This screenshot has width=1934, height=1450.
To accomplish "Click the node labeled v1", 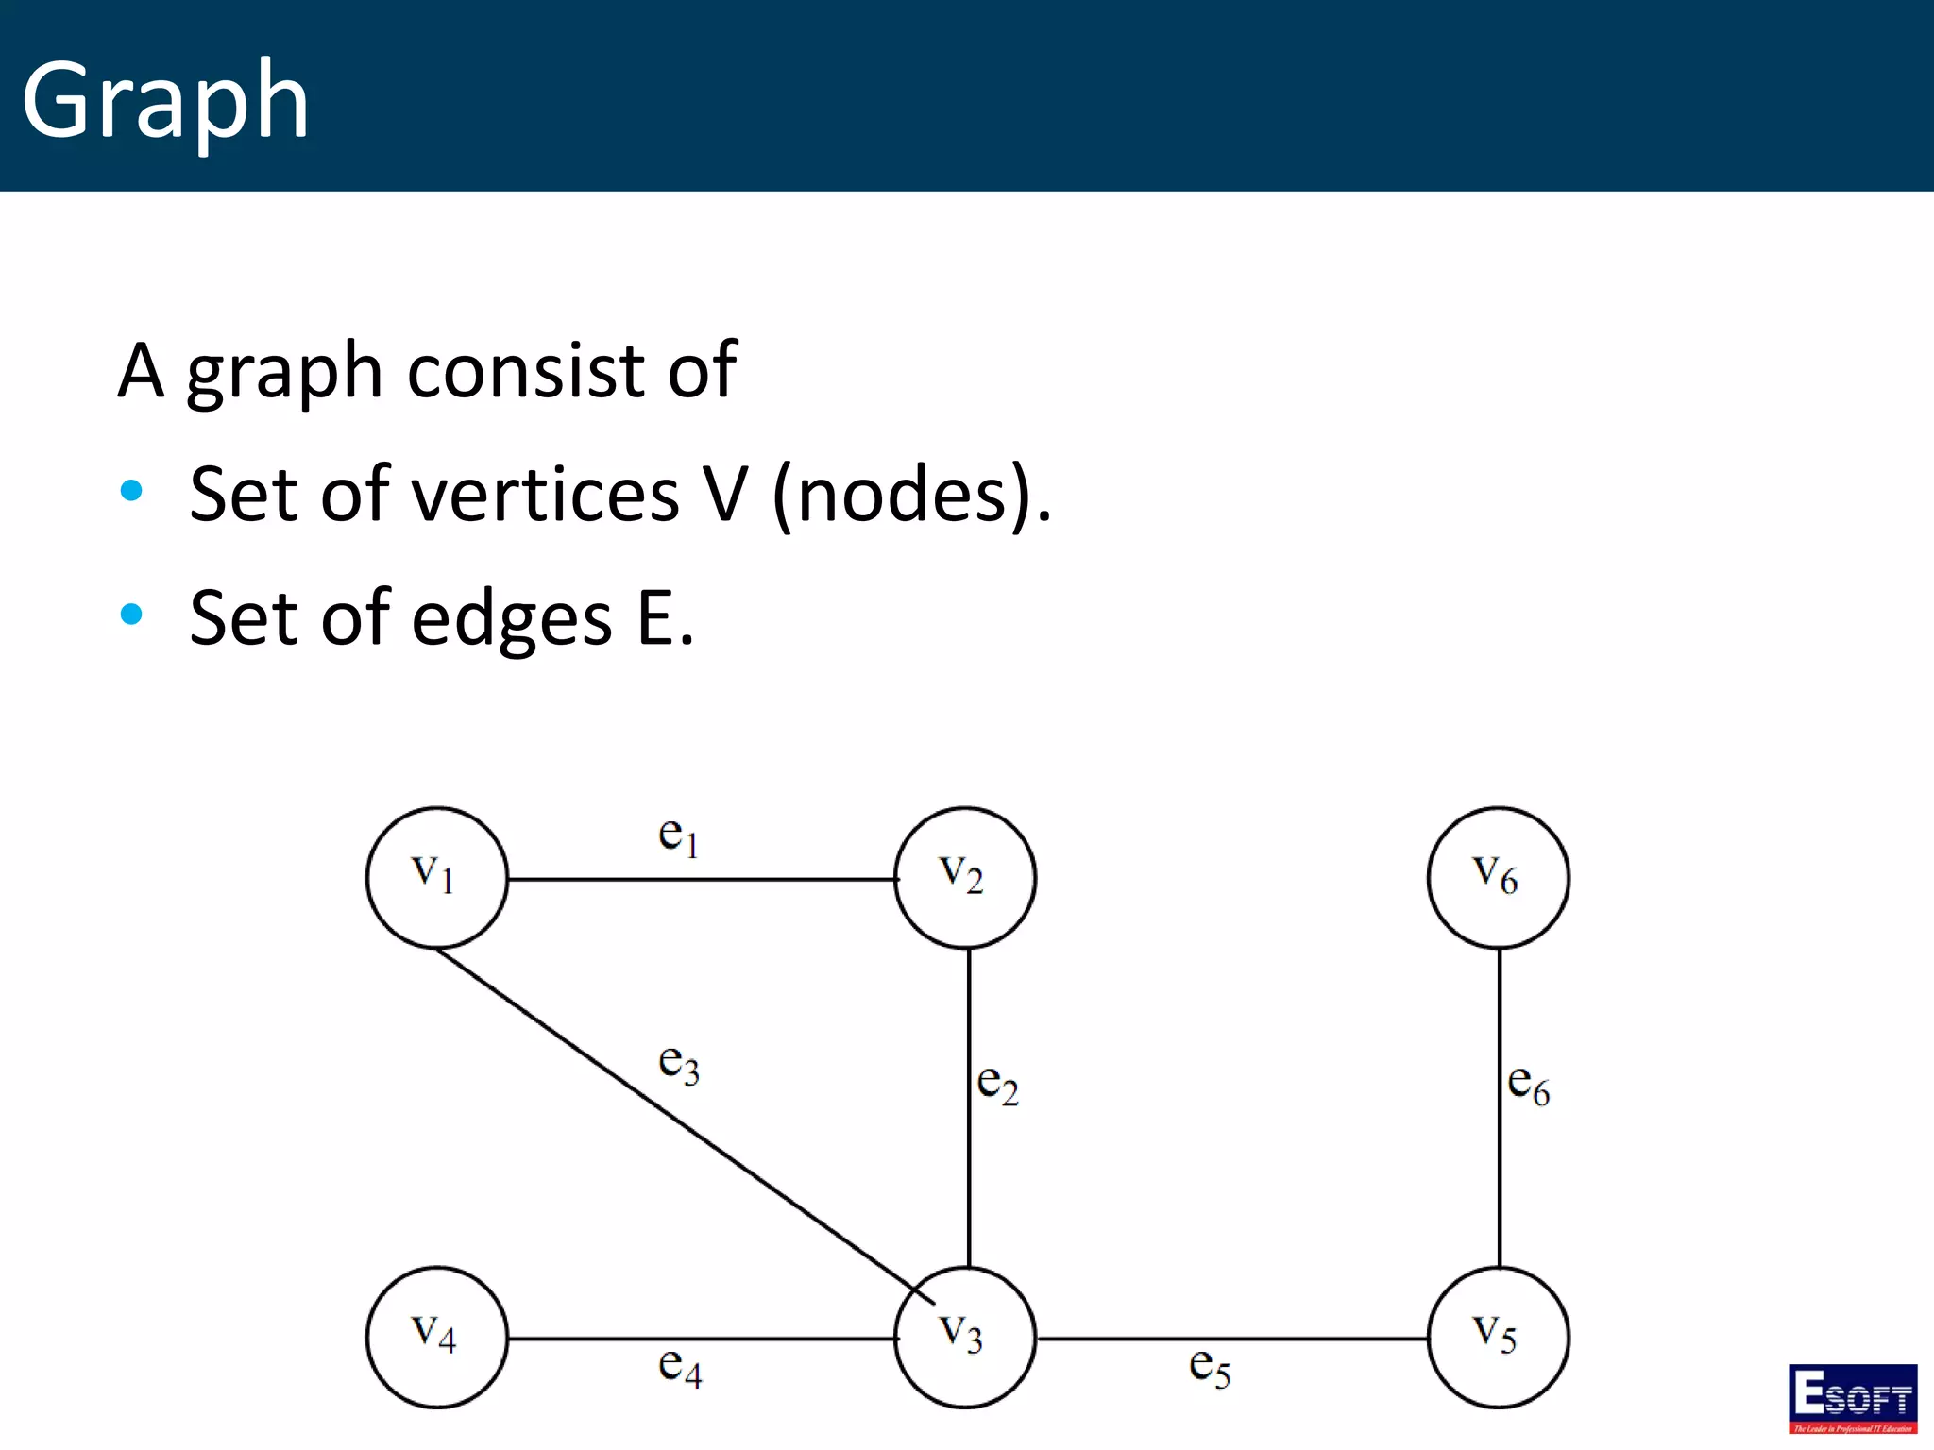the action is (436, 877).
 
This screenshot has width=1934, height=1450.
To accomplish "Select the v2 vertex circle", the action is (964, 877).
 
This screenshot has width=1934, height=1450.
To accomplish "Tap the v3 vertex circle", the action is (964, 1337).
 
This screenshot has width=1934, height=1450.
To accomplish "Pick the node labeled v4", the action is (436, 1337).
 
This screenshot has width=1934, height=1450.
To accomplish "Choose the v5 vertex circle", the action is (1498, 1337).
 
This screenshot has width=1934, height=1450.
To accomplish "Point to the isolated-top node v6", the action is (1498, 877).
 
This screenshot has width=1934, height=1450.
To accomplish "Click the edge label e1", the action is (678, 836).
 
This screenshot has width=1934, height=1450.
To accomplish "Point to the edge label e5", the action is (1210, 1367).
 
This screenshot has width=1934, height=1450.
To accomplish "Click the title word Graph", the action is (166, 100).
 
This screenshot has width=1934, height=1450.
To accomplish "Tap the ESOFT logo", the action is (1853, 1398).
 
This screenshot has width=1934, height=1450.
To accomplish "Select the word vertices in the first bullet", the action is (548, 495).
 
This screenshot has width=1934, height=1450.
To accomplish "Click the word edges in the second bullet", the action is (513, 618).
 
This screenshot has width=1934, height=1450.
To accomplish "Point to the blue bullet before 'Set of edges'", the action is (132, 615).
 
